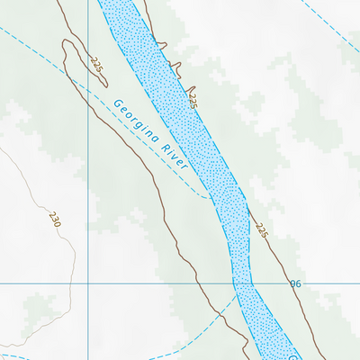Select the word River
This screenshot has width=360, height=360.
coord(175,157)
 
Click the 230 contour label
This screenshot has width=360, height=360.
coord(55,218)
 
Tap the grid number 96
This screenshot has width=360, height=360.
coord(294,283)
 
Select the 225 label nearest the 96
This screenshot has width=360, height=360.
coord(261,230)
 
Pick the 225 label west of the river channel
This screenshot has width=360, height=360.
coord(96,66)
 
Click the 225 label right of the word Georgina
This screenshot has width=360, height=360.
coord(192,98)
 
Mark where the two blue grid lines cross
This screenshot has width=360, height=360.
coord(88,283)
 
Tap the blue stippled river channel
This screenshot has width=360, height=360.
coord(216,171)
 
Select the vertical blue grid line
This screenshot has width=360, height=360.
coord(88,180)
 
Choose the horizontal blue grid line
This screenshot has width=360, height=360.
coord(162,283)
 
